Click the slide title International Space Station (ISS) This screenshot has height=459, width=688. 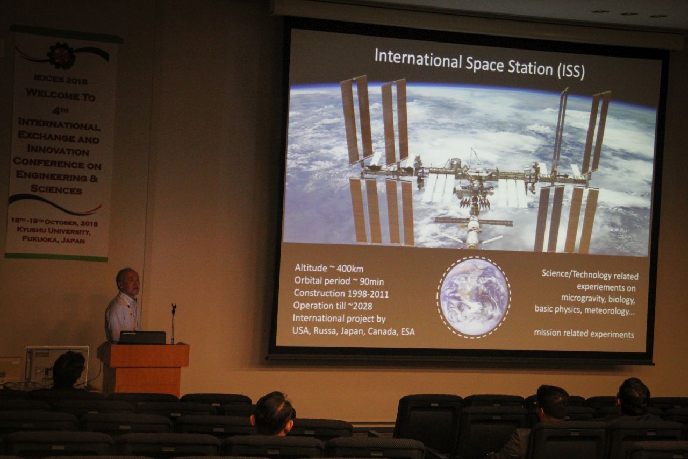tap(479, 64)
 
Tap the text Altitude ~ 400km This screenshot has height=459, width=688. tap(329, 268)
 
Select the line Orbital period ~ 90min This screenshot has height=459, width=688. tap(339, 281)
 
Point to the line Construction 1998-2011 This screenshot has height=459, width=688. tap(341, 293)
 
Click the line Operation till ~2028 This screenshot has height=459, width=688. tap(333, 306)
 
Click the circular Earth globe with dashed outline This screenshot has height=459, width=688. tap(474, 297)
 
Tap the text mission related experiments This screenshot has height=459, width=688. tap(584, 334)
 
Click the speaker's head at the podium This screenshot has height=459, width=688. tap(127, 281)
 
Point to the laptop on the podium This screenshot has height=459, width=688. tap(142, 337)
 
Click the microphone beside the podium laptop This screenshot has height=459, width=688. tap(173, 323)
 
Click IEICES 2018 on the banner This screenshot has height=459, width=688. tap(61, 80)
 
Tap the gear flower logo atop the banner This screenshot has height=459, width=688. tap(61, 55)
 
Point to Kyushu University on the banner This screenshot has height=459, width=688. tap(53, 230)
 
